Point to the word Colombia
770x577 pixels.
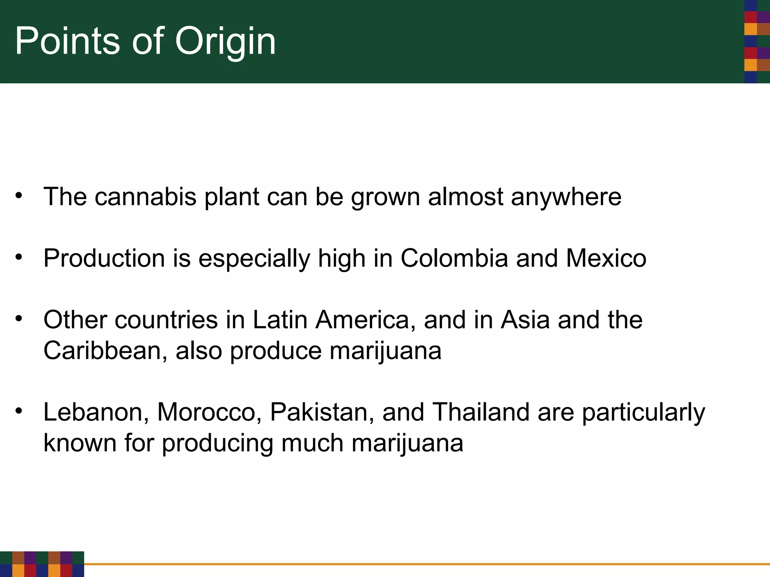point(454,258)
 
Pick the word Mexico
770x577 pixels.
point(606,258)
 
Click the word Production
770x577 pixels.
point(104,258)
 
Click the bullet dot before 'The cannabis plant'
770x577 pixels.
point(19,196)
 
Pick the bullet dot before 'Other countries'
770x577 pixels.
point(19,319)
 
